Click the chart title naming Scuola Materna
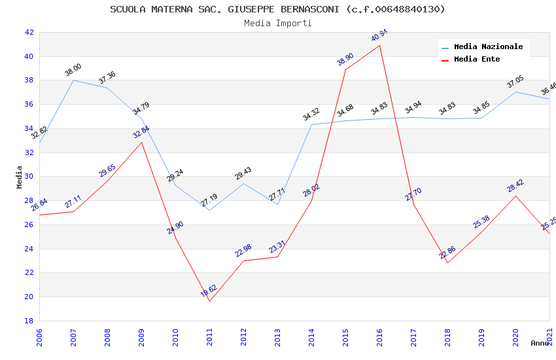[x=277, y=9]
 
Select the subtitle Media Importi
[x=277, y=23]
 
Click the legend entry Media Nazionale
[x=488, y=47]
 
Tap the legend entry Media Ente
[x=477, y=60]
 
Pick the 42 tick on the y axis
[x=29, y=33]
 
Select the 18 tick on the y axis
[x=29, y=321]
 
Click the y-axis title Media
[x=20, y=177]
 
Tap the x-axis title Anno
[x=540, y=343]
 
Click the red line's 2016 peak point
[x=380, y=45]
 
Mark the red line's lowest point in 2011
[x=209, y=301]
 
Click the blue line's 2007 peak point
[x=73, y=80]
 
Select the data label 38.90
[x=345, y=59]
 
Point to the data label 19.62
[x=209, y=291]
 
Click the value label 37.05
[x=515, y=82]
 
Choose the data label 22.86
[x=447, y=253]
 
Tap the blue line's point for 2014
[x=311, y=124]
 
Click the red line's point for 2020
[x=515, y=196]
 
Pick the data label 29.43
[x=243, y=173]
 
